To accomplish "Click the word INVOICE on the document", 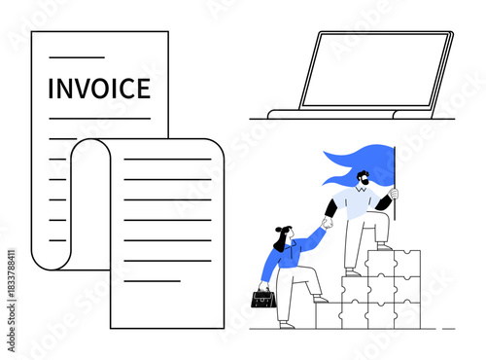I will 99,89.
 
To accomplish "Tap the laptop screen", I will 374,70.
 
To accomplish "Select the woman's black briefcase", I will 263,298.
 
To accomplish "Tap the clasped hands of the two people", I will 327,223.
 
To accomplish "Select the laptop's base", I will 351,115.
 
